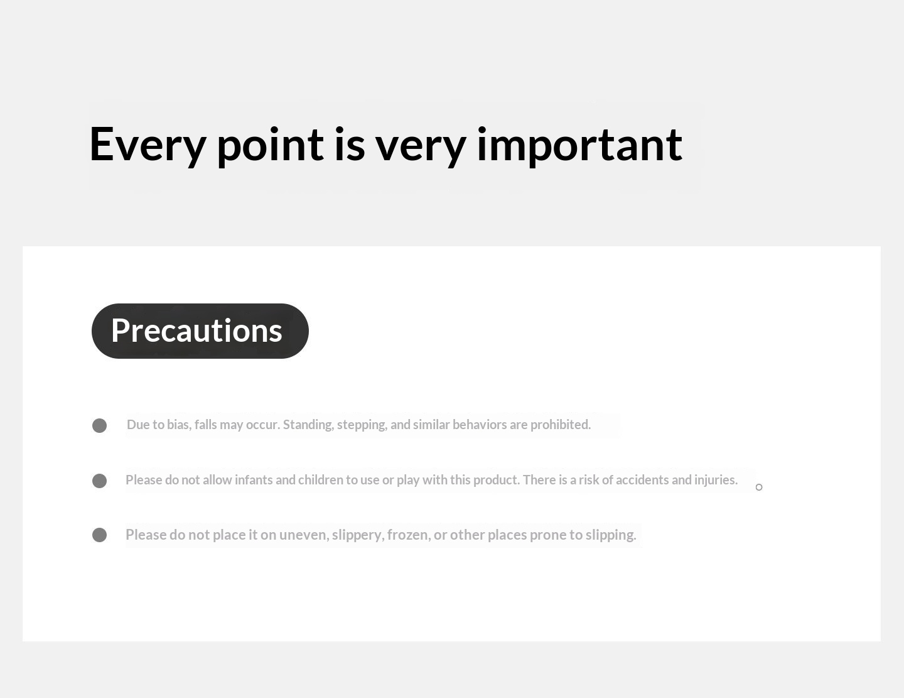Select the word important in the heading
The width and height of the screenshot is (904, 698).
pos(579,146)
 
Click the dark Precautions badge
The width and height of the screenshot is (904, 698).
pos(200,331)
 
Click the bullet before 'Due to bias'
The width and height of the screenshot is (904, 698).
pos(99,425)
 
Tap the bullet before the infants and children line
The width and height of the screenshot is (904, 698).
pos(99,481)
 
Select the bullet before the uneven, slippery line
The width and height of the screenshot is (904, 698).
pos(99,535)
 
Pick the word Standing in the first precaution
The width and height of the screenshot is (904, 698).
pos(308,425)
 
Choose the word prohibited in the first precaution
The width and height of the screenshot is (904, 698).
pos(561,425)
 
